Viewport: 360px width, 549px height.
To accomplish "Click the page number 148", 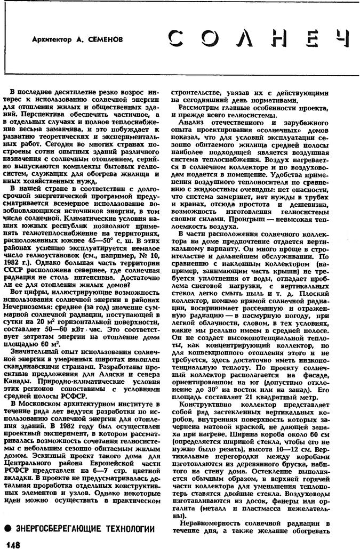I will pos(12,543).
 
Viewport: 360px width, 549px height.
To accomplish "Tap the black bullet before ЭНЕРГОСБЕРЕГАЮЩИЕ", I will pos(8,529).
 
